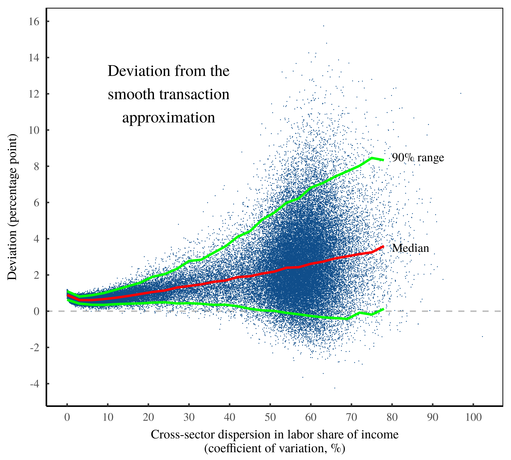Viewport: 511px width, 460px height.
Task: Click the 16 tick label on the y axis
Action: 34,22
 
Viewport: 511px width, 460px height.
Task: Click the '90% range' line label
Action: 418,158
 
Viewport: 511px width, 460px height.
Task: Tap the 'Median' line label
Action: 410,248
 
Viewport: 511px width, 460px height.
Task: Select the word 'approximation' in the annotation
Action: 169,118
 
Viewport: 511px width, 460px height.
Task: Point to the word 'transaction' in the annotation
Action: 194,95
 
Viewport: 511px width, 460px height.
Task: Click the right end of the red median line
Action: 383,246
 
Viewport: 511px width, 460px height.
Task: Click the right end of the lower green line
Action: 383,309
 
